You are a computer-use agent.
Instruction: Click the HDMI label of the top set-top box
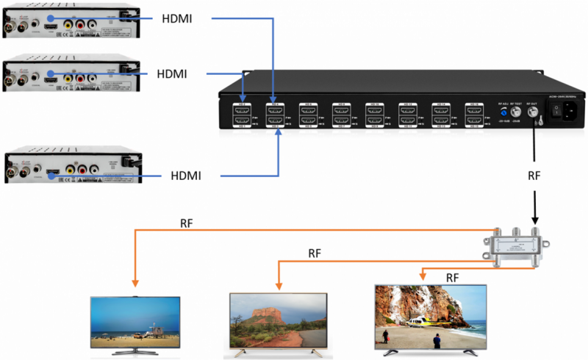176,18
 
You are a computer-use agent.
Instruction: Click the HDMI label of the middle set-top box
172,73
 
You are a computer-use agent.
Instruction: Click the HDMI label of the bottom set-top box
185,175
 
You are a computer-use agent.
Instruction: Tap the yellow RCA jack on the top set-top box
68,24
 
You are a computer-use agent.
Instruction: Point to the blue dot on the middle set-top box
49,73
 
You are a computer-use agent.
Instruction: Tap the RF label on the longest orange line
187,223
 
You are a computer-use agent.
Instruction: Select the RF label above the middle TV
314,253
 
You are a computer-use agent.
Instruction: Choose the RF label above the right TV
454,277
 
